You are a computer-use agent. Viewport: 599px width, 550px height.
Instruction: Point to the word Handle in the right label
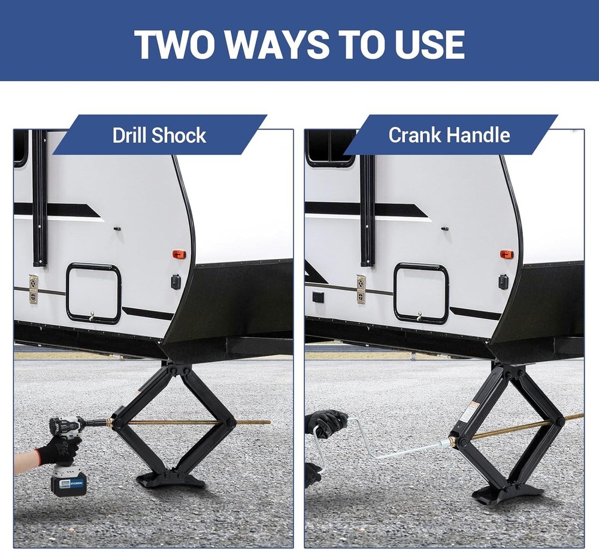pos(480,135)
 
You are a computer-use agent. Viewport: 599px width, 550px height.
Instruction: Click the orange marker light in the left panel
pos(179,254)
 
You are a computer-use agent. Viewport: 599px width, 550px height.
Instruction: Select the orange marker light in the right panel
pos(507,254)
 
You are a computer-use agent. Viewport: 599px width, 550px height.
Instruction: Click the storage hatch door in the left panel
pos(93,293)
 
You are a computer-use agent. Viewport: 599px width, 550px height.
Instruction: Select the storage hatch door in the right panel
pos(421,293)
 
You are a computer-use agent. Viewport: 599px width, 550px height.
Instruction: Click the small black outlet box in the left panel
pos(176,281)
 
